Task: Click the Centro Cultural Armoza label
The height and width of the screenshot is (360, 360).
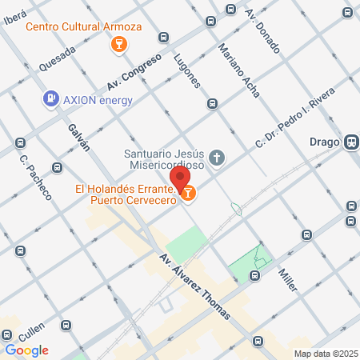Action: (84, 26)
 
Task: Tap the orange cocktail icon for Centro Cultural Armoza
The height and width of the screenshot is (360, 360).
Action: (119, 43)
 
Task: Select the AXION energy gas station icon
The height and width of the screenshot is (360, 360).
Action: (51, 98)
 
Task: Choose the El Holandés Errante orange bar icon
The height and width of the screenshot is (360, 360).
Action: (188, 193)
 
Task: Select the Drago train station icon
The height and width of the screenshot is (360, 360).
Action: (350, 142)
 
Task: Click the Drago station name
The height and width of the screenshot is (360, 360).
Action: (323, 142)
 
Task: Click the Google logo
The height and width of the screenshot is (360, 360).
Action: (26, 350)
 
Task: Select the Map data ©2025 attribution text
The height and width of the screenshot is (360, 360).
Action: (326, 354)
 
